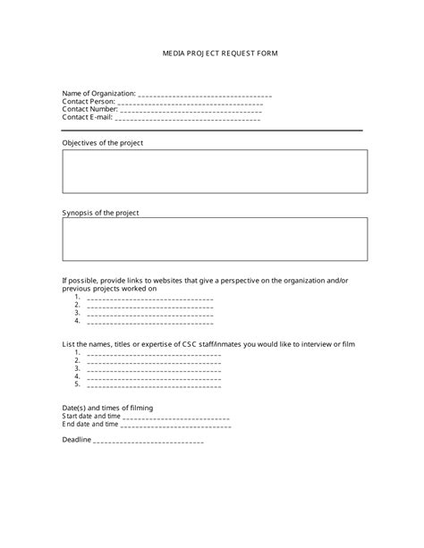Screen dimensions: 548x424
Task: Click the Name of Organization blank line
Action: click(x=205, y=95)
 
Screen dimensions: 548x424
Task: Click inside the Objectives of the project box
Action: click(x=214, y=171)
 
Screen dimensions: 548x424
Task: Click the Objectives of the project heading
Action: click(x=102, y=143)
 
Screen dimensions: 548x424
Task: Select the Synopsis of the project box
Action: click(x=214, y=240)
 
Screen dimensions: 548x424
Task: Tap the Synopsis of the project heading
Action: click(x=100, y=213)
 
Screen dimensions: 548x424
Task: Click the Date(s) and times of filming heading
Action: click(x=107, y=409)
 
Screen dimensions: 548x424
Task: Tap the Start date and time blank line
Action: click(x=175, y=417)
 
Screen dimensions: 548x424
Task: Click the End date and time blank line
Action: click(x=174, y=426)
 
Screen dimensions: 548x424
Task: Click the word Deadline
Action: click(x=77, y=440)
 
